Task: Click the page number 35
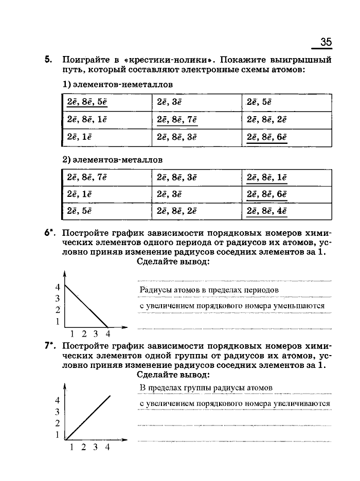[326, 42]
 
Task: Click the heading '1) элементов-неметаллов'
[117, 84]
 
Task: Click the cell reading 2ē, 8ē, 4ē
[267, 211]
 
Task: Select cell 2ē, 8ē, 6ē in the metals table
[267, 194]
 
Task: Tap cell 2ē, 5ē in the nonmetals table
[259, 102]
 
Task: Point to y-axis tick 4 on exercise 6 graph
[58, 287]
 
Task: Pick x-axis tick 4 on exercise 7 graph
[107, 448]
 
